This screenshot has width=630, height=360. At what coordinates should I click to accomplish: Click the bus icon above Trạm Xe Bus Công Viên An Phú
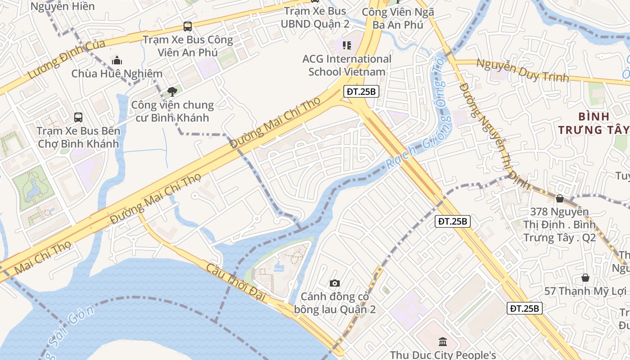(x=188, y=27)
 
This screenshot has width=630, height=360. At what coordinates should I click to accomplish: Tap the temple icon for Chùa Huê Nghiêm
(x=117, y=60)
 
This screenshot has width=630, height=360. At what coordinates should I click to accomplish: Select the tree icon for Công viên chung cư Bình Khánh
(x=172, y=92)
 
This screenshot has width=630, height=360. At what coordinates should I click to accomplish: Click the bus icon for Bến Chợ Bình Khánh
(x=78, y=117)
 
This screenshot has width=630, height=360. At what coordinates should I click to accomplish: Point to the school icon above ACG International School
(x=346, y=45)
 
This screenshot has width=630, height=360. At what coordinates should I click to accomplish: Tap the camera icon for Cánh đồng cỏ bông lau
(x=334, y=283)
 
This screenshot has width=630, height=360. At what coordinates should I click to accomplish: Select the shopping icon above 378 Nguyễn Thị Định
(x=560, y=198)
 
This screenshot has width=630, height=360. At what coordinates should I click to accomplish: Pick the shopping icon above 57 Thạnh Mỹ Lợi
(x=585, y=278)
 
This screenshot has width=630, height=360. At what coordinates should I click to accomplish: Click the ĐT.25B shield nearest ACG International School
(x=360, y=91)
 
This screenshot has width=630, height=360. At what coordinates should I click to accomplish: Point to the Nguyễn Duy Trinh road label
(x=522, y=71)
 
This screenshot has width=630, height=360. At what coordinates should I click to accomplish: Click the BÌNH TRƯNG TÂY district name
(x=594, y=123)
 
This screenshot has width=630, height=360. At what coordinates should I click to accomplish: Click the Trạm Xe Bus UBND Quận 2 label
(x=315, y=17)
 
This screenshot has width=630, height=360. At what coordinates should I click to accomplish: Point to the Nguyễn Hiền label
(x=63, y=6)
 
